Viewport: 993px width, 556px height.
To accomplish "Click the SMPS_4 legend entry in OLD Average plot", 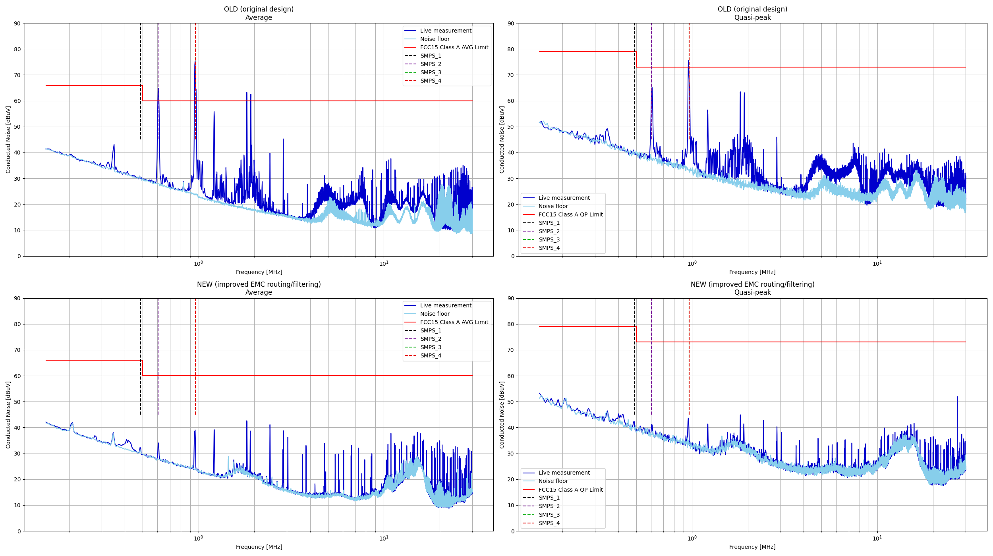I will point(431,81).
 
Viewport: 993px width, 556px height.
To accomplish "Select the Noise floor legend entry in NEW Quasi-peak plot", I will point(553,481).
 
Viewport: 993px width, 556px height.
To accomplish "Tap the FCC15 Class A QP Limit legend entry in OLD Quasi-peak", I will point(570,214).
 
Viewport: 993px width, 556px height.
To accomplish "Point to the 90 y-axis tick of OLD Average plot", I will point(17,23).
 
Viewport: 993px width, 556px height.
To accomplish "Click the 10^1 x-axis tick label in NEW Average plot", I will point(384,539).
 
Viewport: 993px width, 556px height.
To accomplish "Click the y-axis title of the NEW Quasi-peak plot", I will point(502,415).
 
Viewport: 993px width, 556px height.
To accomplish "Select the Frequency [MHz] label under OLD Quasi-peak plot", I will point(752,272).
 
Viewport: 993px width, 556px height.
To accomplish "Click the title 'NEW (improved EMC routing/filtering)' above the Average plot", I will point(259,284).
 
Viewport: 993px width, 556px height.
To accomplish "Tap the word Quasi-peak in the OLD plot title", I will point(752,17).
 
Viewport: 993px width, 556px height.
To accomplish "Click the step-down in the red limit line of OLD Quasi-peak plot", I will point(636,59).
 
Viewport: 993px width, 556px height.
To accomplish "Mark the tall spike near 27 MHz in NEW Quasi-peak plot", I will point(957,398).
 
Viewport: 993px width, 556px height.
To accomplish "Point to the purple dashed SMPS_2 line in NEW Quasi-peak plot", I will point(651,357).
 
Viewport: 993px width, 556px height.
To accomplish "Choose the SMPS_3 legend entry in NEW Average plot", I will point(431,347).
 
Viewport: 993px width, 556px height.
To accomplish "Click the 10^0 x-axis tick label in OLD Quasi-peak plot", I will point(692,264).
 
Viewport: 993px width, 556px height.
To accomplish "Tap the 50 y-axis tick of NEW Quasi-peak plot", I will point(510,402).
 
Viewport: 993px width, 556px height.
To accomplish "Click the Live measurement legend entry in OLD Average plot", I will point(445,31).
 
